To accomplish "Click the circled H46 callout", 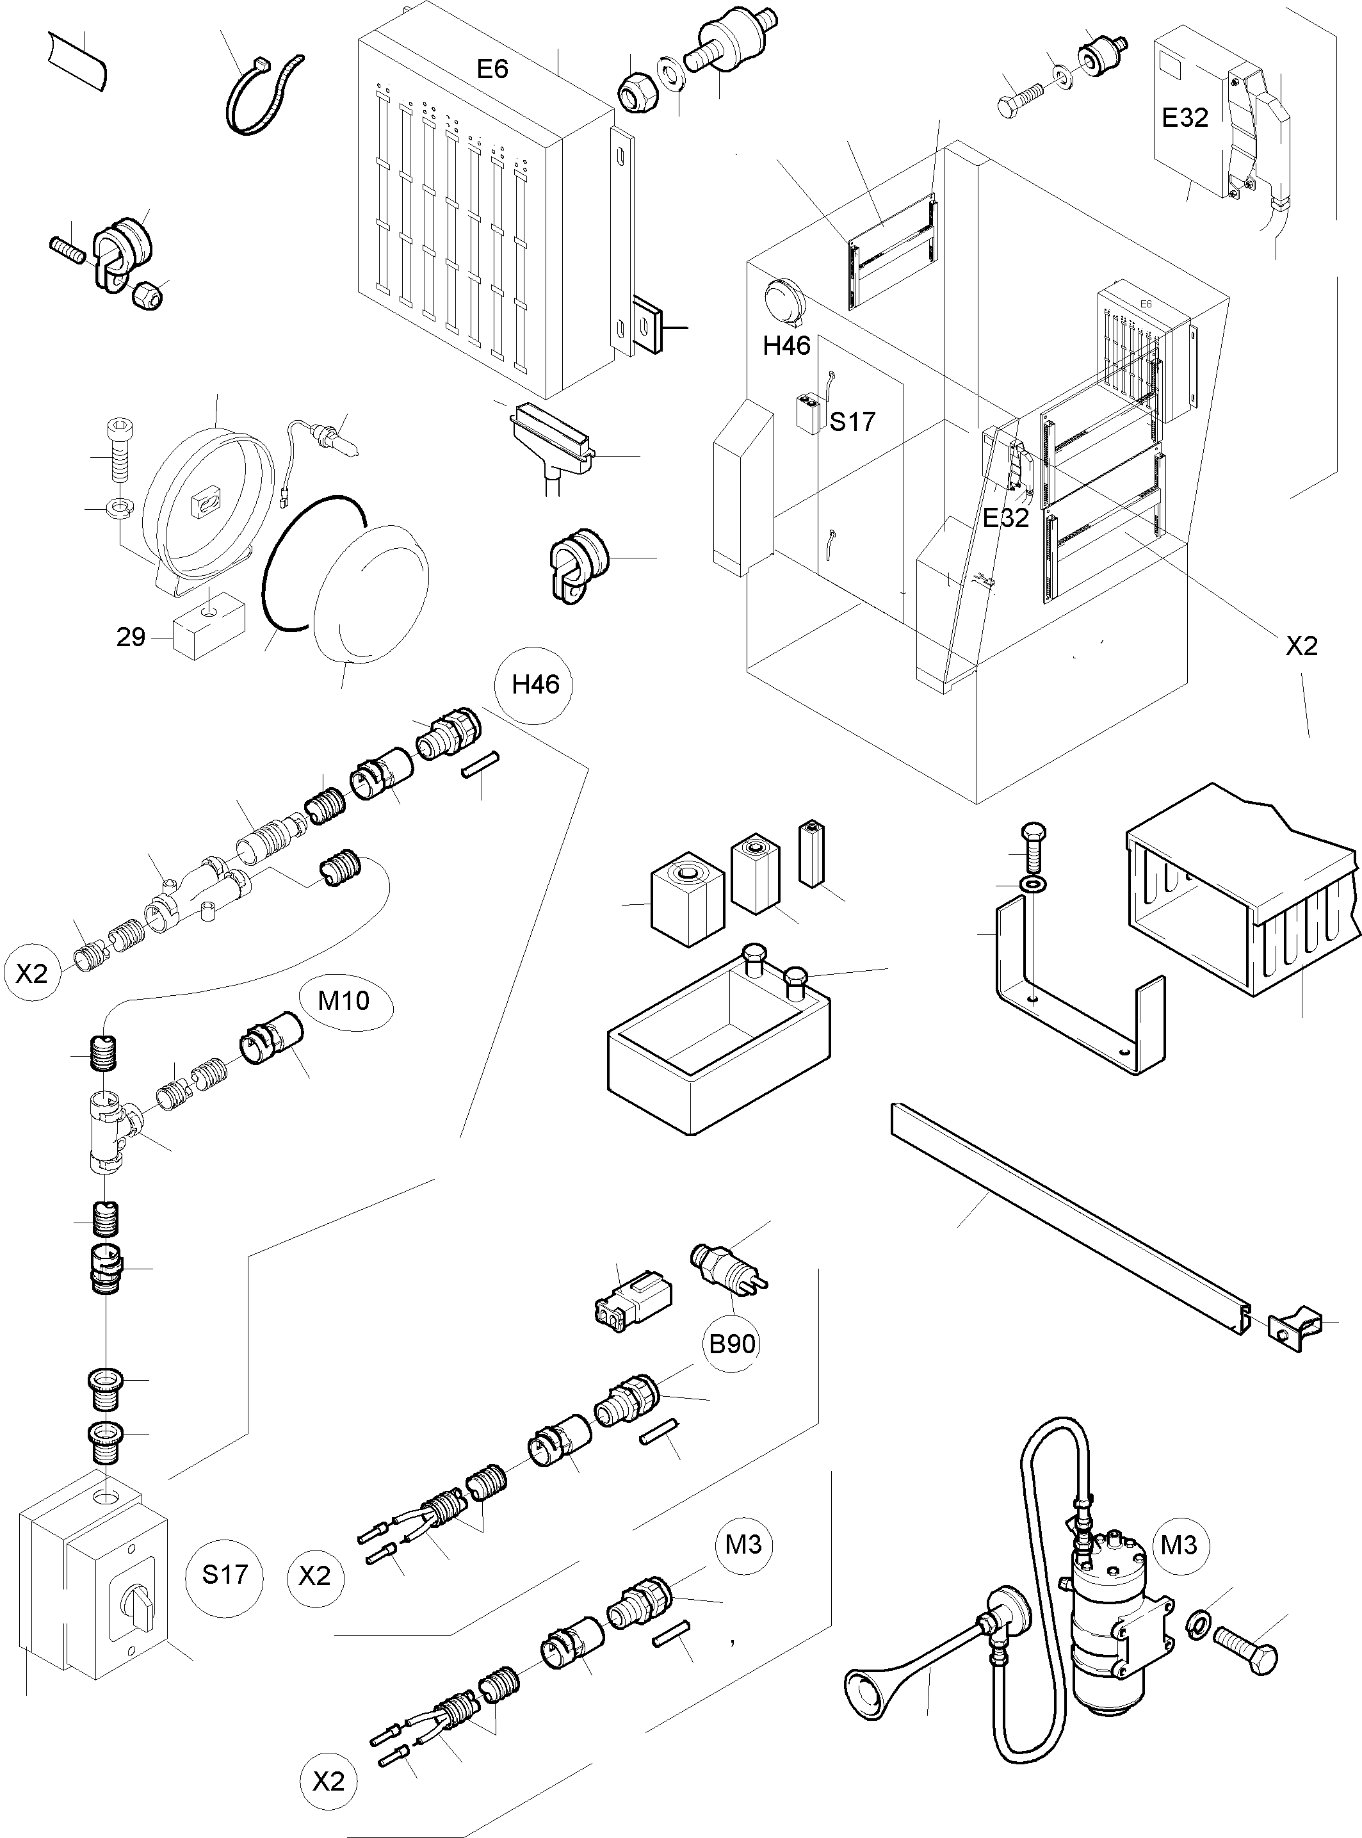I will [x=535, y=685].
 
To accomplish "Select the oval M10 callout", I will [x=345, y=1001].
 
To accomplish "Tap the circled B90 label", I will [x=732, y=1344].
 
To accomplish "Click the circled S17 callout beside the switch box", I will [x=225, y=1575].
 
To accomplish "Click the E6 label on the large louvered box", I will [x=492, y=69].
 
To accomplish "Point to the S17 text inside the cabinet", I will [x=852, y=422].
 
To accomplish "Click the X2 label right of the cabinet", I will [x=1302, y=646].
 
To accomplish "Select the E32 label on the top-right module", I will [x=1185, y=118].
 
